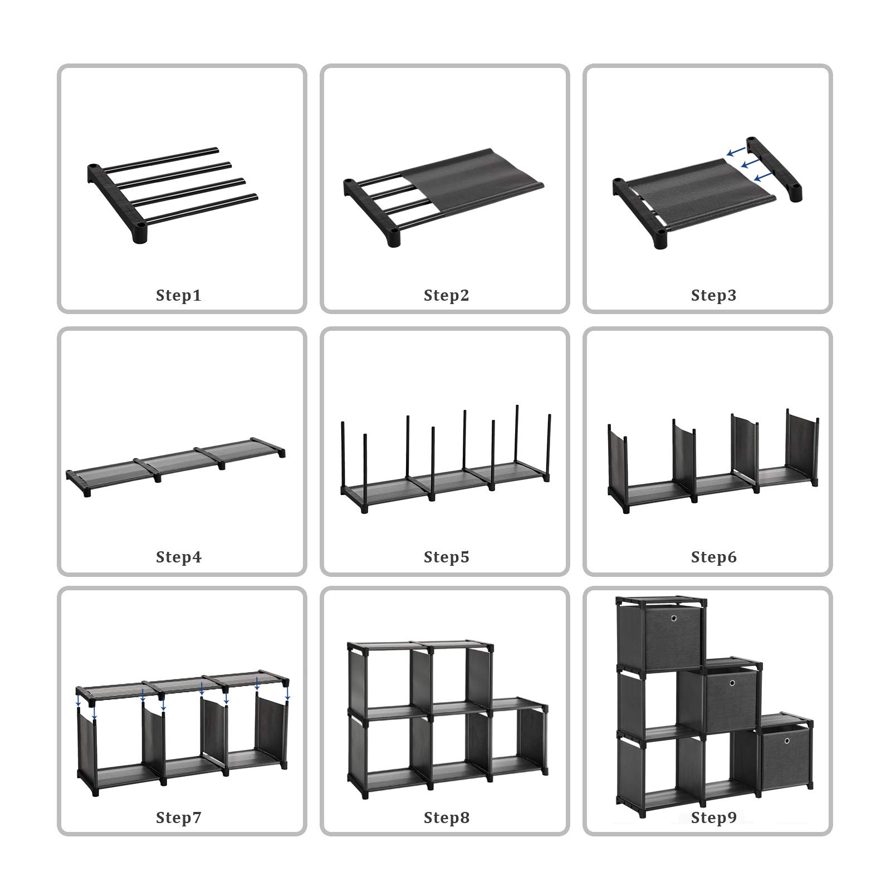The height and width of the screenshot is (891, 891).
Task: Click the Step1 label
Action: [x=178, y=295]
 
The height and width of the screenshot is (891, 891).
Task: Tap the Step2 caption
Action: [x=446, y=295]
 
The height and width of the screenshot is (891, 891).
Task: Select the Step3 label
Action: [x=713, y=295]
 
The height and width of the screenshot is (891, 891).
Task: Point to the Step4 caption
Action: [x=178, y=557]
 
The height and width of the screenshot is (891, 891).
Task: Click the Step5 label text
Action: [x=446, y=557]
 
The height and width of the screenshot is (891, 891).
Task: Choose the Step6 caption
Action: [x=713, y=557]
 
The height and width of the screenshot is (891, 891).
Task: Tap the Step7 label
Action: [x=178, y=817]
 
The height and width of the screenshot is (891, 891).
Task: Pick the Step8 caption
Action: [x=446, y=817]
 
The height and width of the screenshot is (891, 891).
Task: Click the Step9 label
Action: [x=713, y=817]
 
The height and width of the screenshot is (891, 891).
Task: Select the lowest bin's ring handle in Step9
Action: [x=786, y=741]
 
